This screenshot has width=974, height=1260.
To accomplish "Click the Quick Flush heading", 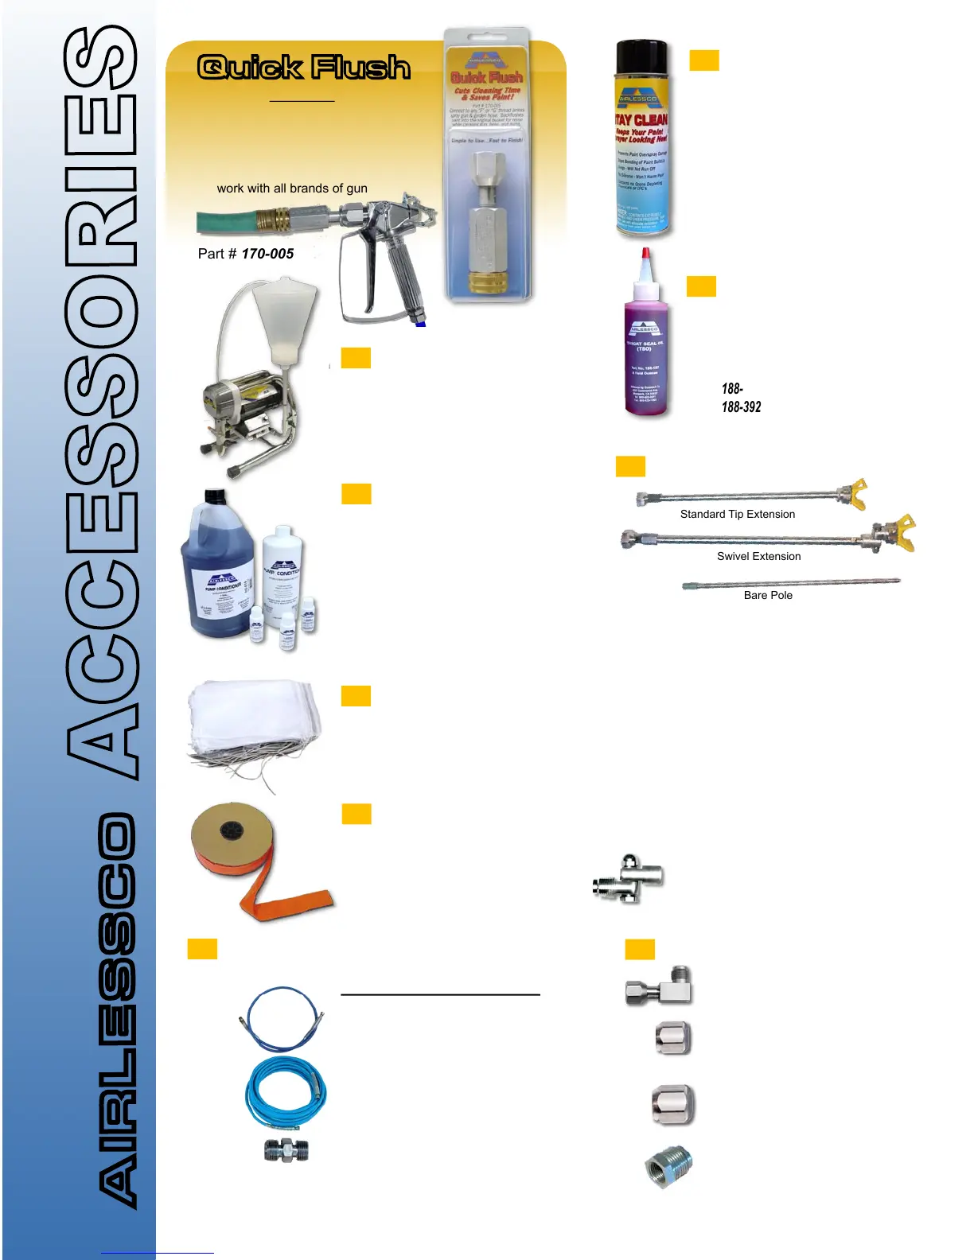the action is click(303, 68).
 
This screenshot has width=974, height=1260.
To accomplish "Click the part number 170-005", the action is click(267, 254).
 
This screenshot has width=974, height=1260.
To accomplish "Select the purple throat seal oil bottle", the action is click(645, 358).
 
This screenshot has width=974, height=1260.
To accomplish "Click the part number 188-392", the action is click(741, 407).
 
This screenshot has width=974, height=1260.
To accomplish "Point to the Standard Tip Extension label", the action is click(737, 515).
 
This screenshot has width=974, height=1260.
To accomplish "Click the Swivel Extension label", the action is click(758, 557).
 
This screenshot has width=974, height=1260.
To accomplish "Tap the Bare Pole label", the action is click(768, 596).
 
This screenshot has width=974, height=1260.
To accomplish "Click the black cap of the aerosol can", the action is click(642, 60).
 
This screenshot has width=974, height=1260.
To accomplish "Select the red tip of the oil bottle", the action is click(646, 256).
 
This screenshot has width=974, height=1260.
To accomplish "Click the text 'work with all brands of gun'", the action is click(292, 189).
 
